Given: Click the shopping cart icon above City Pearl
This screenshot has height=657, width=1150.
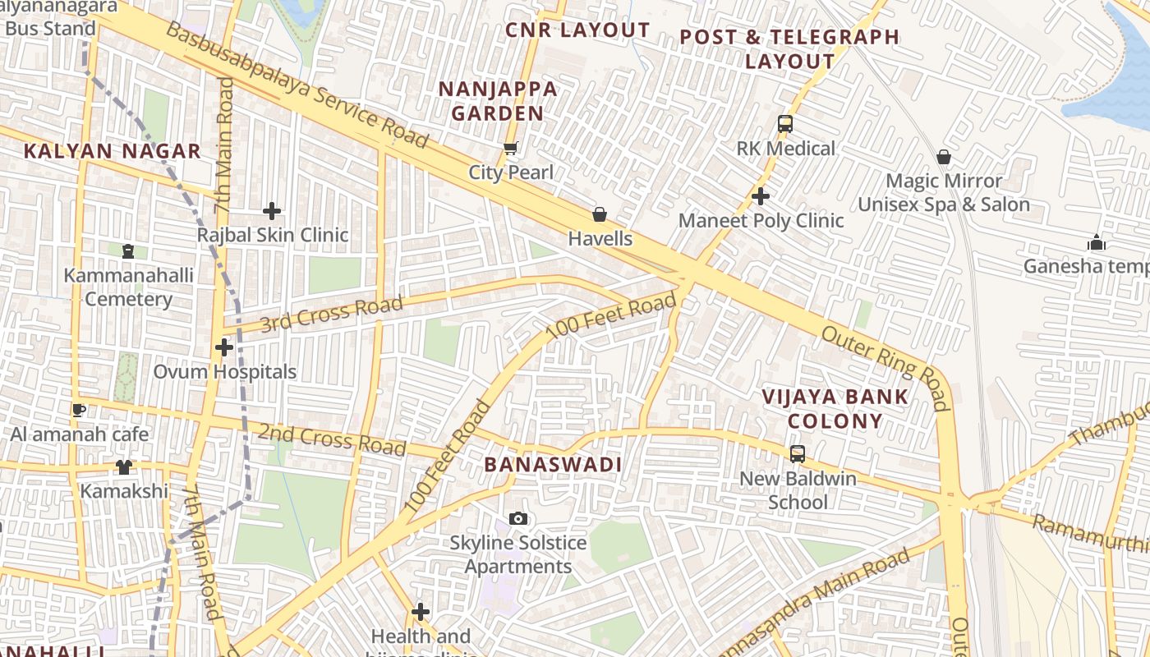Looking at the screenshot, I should [511, 149].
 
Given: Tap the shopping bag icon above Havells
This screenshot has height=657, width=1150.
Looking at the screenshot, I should [600, 214].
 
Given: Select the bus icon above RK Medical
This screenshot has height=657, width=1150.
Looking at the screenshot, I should [785, 124].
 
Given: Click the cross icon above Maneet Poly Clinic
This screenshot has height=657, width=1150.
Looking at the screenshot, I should [761, 196].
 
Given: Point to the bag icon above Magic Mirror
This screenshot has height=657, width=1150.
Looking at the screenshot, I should [944, 156].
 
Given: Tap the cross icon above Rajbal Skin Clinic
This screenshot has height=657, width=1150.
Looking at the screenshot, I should [272, 211].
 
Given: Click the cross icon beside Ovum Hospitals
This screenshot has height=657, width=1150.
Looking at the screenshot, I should [224, 347].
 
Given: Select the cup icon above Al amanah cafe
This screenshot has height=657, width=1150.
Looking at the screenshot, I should [79, 410].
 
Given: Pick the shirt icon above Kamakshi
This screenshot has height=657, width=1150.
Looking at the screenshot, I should [124, 467].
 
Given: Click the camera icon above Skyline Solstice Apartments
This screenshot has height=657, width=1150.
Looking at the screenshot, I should [518, 518].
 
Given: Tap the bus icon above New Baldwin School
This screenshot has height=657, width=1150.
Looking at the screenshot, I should [797, 453].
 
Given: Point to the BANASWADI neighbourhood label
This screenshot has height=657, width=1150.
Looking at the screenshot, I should [553, 465].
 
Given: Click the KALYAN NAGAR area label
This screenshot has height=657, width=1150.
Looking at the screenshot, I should [113, 151].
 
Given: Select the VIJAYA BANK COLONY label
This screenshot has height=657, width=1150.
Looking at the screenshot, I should [834, 409].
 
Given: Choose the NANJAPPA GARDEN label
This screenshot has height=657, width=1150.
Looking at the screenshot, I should [498, 101].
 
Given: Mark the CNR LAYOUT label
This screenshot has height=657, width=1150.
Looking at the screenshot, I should [577, 30].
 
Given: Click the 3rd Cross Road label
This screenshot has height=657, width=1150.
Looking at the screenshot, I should [332, 315].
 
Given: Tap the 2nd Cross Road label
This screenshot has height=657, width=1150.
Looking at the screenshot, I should [332, 439].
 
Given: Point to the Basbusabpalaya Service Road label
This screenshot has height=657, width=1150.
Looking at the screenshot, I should [297, 85].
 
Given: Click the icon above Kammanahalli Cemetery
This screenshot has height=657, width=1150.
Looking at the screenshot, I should [127, 250].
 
